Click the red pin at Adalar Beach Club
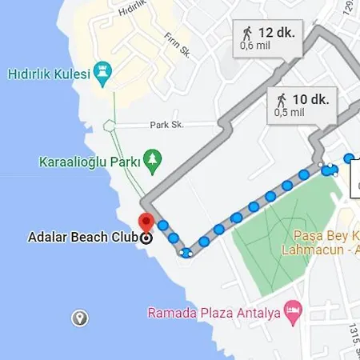click(146, 222)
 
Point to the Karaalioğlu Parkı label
click(87, 162)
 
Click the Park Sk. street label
click(166, 125)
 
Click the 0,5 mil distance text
click(289, 113)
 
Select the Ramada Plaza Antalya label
click(215, 312)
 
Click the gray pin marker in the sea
click(80, 318)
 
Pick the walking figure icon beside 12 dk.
click(246, 33)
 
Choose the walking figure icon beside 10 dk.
click(282, 99)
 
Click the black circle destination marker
click(146, 238)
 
